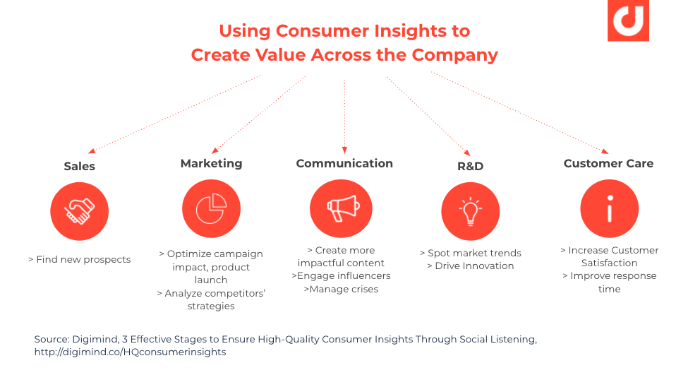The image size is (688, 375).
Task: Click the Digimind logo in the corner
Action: [627, 20]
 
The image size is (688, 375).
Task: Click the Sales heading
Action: [79, 167]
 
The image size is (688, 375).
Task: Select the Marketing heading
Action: [211, 163]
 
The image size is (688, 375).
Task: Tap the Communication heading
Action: [344, 163]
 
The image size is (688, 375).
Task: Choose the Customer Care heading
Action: [608, 163]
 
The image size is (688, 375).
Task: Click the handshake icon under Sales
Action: [79, 210]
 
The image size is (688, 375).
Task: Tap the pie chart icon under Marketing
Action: [211, 209]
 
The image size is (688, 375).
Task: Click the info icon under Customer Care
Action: [609, 209]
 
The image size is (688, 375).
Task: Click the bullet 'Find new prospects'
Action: [79, 259]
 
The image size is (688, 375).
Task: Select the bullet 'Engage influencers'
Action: [341, 275]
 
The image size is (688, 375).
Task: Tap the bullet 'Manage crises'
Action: [341, 289]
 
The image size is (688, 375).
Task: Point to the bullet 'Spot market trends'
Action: [470, 253]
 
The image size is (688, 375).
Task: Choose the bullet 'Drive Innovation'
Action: [470, 266]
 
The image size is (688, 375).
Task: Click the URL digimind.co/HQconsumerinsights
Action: [130, 352]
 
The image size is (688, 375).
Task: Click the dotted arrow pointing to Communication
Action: [344, 117]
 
